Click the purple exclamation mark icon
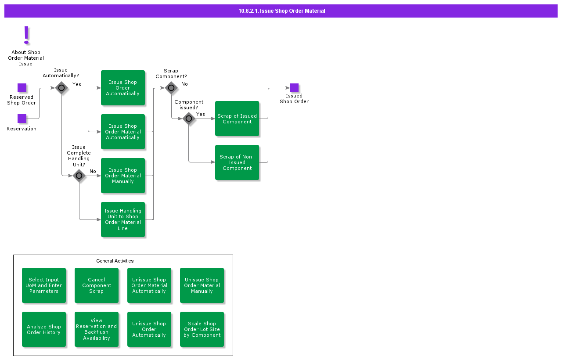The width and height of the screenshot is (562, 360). point(26,35)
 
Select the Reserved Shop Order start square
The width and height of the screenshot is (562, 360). point(22,88)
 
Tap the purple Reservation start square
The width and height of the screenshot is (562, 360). point(22,119)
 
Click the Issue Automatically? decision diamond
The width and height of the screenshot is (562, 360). point(61,88)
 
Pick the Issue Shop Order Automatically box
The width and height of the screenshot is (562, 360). point(123,88)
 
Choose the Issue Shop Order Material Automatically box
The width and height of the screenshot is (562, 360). point(123,132)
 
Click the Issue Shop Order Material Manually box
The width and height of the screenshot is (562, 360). point(123,176)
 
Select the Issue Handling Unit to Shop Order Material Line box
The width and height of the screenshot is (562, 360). point(123,220)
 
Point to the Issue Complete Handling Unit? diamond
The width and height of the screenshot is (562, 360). point(79,176)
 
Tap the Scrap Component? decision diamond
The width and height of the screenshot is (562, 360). point(171,88)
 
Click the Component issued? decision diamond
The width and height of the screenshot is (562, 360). point(189,119)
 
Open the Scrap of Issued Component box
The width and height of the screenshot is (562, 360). point(237,119)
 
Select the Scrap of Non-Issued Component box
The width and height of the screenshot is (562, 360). point(237,162)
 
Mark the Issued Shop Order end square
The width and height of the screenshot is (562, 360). point(294,88)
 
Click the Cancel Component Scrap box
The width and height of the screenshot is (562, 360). point(97,285)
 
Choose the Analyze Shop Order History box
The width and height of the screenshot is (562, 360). point(44,329)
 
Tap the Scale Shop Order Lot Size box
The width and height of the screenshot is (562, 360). point(202,329)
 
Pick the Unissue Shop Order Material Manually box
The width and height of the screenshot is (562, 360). point(202,285)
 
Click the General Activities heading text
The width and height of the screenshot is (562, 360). point(115,261)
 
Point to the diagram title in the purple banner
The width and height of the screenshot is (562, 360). point(281,11)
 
